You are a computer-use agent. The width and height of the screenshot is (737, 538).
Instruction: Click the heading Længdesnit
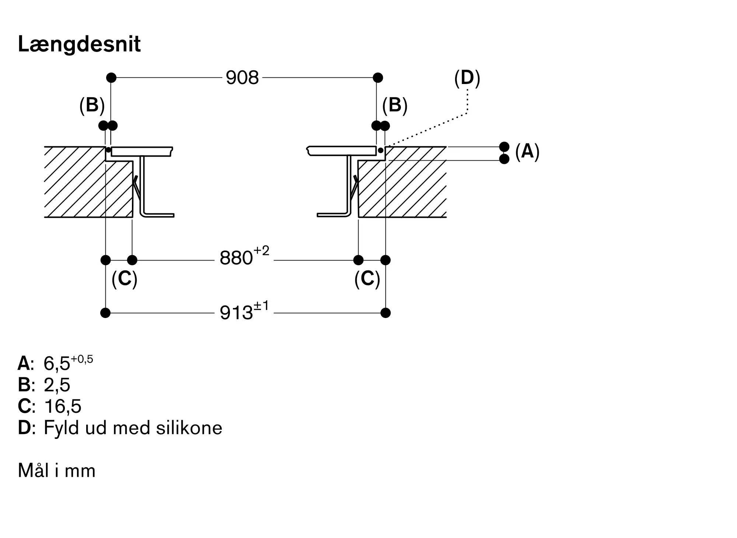click(79, 45)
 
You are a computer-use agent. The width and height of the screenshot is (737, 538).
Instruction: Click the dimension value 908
click(242, 78)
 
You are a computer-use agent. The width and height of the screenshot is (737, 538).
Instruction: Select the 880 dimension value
click(236, 258)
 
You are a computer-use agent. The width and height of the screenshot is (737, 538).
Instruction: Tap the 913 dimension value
click(236, 312)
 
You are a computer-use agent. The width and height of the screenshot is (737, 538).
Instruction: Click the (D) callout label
click(467, 78)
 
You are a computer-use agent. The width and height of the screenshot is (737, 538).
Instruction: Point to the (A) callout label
click(527, 151)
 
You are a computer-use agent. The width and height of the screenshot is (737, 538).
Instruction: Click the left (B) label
click(92, 105)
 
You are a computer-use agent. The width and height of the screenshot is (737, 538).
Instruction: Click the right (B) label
click(395, 105)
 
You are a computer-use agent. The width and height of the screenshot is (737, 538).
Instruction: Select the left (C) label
click(125, 279)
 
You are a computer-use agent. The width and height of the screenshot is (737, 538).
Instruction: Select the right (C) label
click(367, 279)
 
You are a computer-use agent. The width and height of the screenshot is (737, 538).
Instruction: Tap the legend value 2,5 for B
click(57, 385)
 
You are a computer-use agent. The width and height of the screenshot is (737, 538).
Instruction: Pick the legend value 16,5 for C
click(62, 406)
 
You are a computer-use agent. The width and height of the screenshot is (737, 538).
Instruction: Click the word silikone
click(189, 428)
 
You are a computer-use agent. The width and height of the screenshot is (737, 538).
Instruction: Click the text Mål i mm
click(57, 471)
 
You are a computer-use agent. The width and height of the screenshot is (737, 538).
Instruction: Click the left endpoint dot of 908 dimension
click(111, 78)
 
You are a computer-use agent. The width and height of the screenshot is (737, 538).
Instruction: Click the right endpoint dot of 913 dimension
click(385, 313)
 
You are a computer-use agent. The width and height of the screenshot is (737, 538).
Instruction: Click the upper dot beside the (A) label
click(504, 147)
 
